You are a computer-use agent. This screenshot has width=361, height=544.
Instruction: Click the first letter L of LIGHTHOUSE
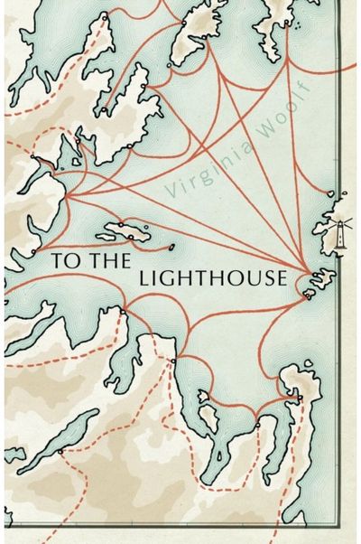pyautogui.click(x=144, y=278)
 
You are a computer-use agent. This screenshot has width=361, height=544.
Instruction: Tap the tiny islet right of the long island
pyautogui.click(x=169, y=245)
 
